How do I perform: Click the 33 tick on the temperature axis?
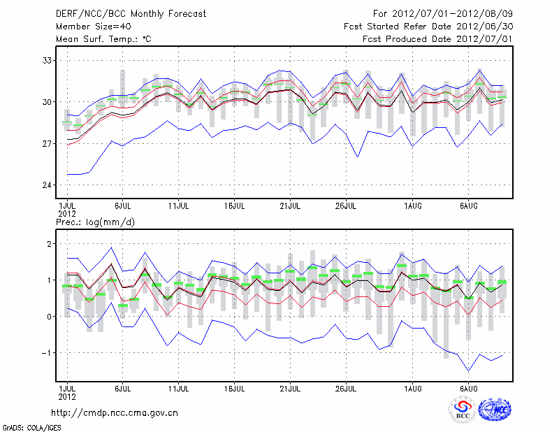tap(45, 60)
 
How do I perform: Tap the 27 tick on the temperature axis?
tap(45, 143)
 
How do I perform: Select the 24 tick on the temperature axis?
tap(45, 185)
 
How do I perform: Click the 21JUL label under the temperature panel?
tap(290, 206)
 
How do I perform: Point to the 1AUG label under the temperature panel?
tap(414, 206)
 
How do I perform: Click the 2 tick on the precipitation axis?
tap(48, 244)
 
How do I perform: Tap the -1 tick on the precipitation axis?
tap(46, 353)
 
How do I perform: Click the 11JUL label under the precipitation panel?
tap(179, 388)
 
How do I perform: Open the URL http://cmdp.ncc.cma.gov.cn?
tap(115, 412)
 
